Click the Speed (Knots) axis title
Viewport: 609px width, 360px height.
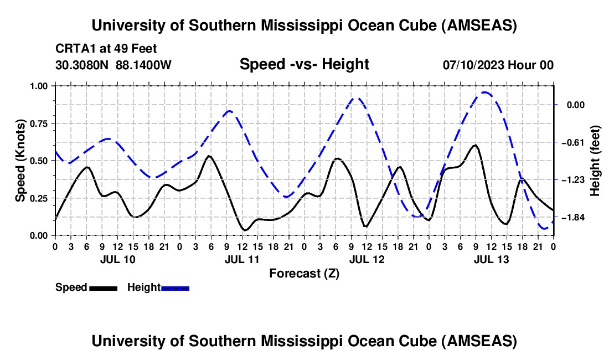click(x=20, y=161)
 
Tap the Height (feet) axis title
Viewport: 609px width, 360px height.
click(x=596, y=161)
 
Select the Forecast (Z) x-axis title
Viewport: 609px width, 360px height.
click(x=304, y=273)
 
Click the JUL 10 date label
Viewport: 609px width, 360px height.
click(x=117, y=259)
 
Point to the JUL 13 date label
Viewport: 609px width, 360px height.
click(x=491, y=259)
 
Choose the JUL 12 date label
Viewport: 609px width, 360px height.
click(x=366, y=259)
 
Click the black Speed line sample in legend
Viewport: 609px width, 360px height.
click(x=103, y=287)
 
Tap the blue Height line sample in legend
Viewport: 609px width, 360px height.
click(x=176, y=287)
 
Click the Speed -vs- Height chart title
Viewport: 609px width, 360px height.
click(x=304, y=64)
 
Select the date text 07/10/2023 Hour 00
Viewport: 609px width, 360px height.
click(x=498, y=65)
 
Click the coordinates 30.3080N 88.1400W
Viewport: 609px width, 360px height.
click(x=113, y=65)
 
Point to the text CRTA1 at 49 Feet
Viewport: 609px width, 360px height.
click(x=106, y=48)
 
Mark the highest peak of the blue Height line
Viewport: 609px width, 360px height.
click(x=485, y=92)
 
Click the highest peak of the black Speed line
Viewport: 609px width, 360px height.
click(x=475, y=145)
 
